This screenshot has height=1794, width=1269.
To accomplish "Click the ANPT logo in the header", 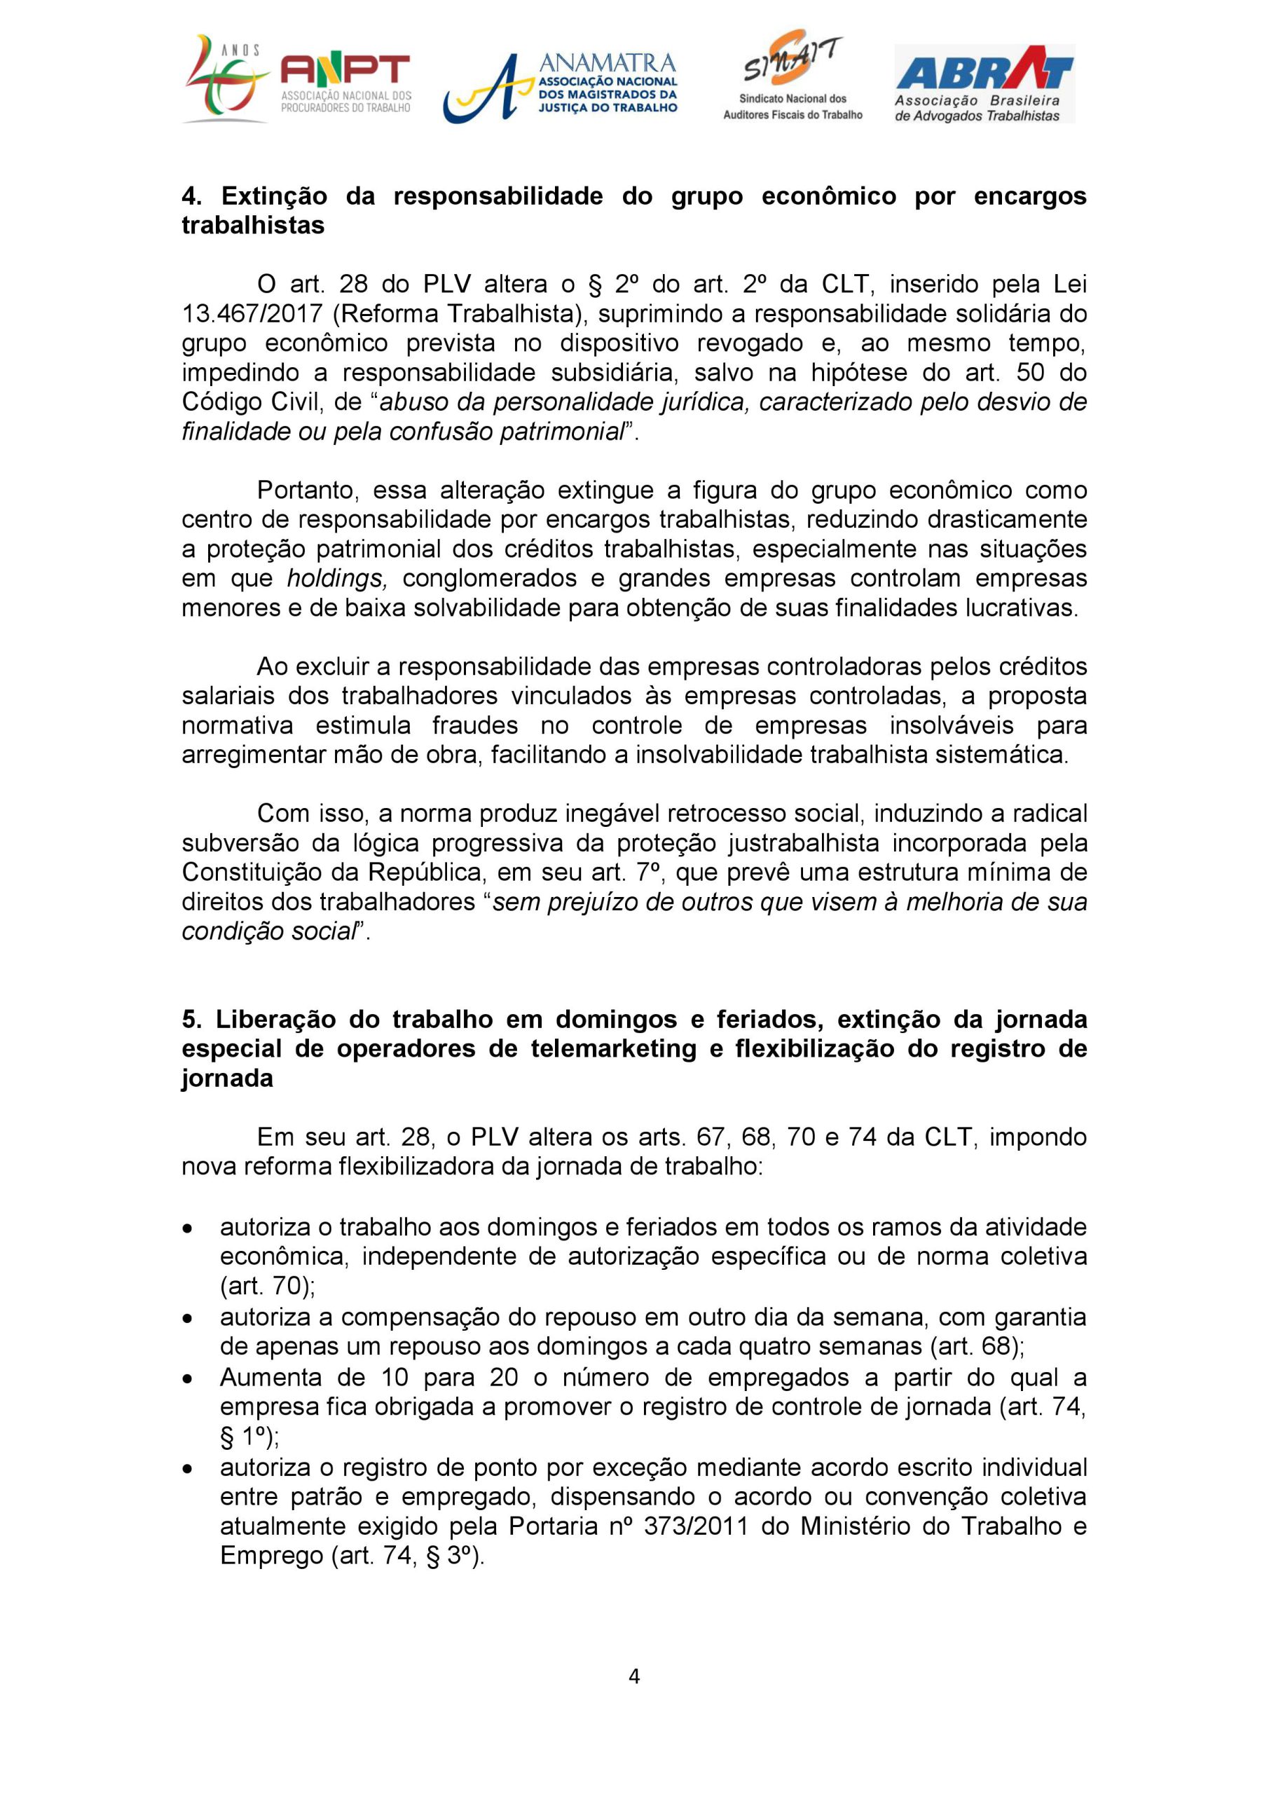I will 297,80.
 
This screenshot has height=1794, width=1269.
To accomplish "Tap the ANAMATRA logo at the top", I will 561,86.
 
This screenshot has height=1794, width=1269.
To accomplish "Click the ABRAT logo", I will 984,83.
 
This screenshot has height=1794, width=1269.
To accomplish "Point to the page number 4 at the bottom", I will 633,1676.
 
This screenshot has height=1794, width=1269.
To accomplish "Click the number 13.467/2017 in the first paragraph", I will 251,313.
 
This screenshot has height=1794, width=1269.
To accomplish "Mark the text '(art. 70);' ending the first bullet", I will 267,1285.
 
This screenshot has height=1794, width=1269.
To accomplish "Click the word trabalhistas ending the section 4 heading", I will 252,225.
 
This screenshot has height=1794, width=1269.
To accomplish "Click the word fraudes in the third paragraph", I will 475,725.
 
